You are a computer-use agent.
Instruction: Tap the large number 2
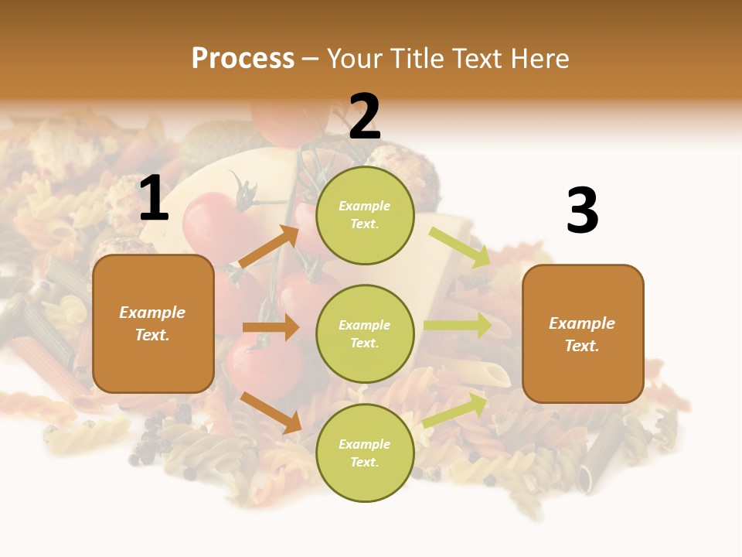(x=365, y=117)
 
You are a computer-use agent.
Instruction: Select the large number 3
(x=582, y=211)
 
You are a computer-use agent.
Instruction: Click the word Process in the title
(x=243, y=58)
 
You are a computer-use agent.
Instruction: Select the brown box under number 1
(x=153, y=323)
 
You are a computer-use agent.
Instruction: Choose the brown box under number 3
(x=583, y=333)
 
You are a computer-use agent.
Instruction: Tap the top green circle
(x=365, y=215)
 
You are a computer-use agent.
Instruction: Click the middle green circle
(x=365, y=333)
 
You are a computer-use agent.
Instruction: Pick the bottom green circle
(x=365, y=453)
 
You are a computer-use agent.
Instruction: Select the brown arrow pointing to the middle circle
(x=271, y=327)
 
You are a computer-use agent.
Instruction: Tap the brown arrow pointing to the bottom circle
(x=271, y=412)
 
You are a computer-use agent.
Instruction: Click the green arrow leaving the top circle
(x=460, y=248)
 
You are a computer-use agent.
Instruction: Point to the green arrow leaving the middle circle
(x=458, y=326)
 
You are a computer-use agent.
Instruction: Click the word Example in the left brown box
(x=152, y=313)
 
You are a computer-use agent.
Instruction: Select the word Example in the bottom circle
(x=365, y=444)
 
